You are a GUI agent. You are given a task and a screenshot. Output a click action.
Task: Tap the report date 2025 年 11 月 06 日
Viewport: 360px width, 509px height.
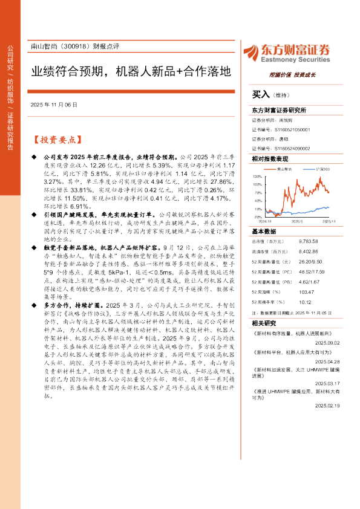(x=54, y=105)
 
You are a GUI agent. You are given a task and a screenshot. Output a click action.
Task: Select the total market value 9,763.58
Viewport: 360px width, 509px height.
(x=308, y=241)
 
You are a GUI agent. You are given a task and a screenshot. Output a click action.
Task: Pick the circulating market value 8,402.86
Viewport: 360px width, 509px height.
(x=308, y=251)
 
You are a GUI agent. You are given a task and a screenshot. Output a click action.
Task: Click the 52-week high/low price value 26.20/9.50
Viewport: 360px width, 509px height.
(x=310, y=261)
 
